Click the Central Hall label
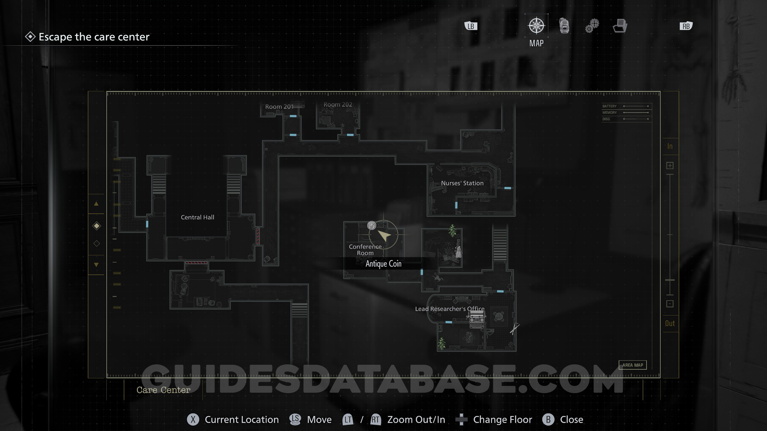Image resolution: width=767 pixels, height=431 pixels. click(x=197, y=217)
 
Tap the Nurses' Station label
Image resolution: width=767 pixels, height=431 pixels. click(x=462, y=183)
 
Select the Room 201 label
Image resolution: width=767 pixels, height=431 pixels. click(x=279, y=107)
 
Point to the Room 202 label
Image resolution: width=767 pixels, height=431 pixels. click(x=338, y=105)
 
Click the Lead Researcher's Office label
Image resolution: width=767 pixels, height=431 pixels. click(x=449, y=308)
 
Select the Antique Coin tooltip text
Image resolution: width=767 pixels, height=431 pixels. click(x=383, y=264)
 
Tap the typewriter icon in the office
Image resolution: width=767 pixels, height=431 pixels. click(x=476, y=319)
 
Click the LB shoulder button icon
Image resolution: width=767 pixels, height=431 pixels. click(x=471, y=26)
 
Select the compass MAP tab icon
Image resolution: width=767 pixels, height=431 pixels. click(x=536, y=26)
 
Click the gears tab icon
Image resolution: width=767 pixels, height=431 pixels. click(x=592, y=26)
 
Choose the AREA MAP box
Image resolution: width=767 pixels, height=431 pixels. click(x=632, y=365)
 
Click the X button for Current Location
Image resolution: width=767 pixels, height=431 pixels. click(x=193, y=419)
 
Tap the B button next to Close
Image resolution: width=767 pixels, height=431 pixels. click(x=548, y=419)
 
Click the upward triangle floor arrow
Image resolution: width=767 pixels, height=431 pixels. click(x=96, y=204)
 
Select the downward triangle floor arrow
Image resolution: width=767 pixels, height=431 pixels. click(x=96, y=265)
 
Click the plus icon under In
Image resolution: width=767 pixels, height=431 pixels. click(x=670, y=166)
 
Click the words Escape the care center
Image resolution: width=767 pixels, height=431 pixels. click(x=94, y=37)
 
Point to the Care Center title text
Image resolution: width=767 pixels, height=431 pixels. click(x=163, y=390)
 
